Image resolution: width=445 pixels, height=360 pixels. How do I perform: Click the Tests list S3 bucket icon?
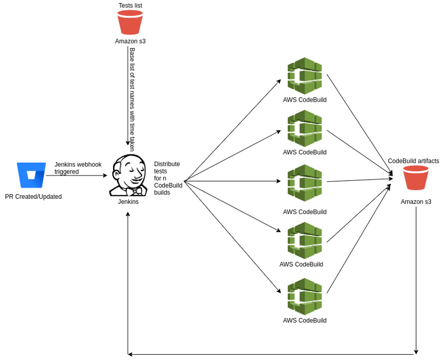tap(130, 22)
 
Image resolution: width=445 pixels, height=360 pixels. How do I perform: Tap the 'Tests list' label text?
tap(130, 6)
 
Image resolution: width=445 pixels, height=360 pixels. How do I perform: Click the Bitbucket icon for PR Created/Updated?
tap(31, 175)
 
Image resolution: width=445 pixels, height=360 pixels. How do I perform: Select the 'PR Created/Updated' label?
tap(33, 197)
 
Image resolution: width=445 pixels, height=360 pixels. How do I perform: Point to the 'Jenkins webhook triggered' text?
tap(78, 168)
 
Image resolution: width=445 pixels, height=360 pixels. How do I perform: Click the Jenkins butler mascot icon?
tap(128, 175)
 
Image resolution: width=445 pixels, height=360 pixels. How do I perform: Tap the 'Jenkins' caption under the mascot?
tap(128, 202)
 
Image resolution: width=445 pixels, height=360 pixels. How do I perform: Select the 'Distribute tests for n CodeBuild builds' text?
tap(167, 178)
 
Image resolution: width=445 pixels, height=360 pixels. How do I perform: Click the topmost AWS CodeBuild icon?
tap(305, 76)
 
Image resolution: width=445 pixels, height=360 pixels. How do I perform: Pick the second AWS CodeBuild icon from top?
tap(305, 128)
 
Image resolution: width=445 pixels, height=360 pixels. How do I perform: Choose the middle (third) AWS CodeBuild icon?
tap(305, 182)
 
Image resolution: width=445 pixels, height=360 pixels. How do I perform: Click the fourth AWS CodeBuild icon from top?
tap(305, 240)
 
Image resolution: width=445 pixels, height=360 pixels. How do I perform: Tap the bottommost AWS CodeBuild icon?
tap(305, 296)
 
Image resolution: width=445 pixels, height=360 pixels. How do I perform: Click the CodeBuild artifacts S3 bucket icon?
tap(416, 178)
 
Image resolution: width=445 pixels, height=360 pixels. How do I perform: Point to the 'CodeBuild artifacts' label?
tap(414, 161)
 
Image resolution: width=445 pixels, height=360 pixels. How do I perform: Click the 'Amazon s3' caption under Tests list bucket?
tap(130, 41)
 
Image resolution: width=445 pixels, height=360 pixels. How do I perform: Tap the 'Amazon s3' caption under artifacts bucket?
tap(416, 202)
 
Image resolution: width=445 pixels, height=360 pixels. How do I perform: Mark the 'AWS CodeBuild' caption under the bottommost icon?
tap(305, 321)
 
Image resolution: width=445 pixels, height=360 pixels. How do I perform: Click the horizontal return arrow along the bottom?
tap(271, 354)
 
